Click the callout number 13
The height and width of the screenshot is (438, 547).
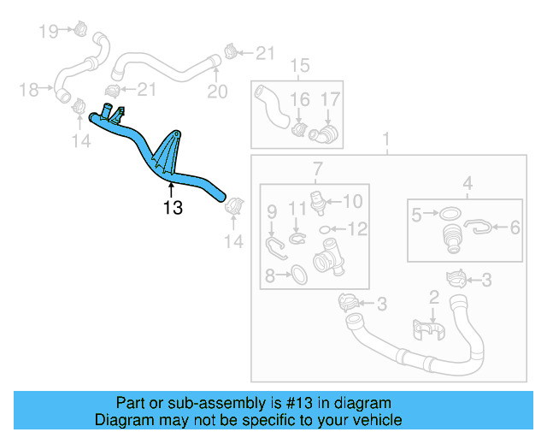pos(173,207)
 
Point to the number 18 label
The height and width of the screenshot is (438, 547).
pos(28,89)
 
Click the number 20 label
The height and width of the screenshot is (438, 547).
pos(217,92)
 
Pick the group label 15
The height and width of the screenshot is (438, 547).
pos(298,66)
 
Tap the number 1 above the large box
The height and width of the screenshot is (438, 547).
pos(385,139)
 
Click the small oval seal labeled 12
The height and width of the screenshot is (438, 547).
pos(326,229)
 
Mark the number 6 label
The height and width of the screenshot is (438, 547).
pos(515,228)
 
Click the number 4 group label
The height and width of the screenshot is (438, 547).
pos(468,181)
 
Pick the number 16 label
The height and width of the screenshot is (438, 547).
pos(299,100)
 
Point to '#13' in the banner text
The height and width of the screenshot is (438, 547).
pos(283,403)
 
